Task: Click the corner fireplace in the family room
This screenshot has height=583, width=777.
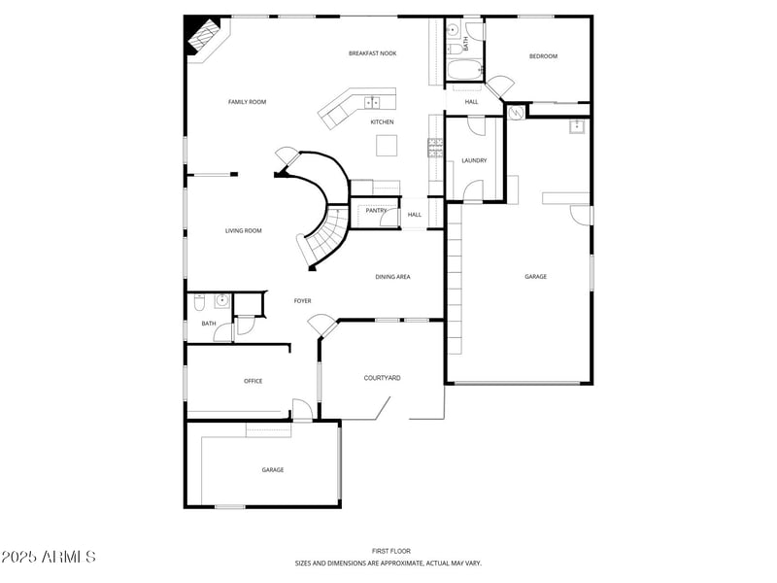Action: click(204, 38)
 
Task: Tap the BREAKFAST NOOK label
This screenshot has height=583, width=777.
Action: click(372, 53)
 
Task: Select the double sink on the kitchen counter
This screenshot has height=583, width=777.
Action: click(374, 101)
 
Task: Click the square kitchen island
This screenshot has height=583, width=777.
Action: click(388, 145)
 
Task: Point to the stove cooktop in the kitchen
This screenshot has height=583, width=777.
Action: click(435, 148)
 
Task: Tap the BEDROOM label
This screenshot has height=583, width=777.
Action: click(543, 56)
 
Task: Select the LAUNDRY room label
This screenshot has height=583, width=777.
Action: click(474, 160)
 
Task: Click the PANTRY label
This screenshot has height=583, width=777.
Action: click(376, 210)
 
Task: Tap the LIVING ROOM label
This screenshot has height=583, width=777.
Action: click(244, 230)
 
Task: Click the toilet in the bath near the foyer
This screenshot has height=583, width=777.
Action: click(199, 300)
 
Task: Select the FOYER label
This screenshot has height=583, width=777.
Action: click(303, 301)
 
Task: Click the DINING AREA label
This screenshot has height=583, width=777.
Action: click(392, 277)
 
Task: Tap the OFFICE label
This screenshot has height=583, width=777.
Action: click(253, 381)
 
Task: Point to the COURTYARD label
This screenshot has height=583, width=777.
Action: click(382, 378)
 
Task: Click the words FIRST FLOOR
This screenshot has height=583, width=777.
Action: click(388, 551)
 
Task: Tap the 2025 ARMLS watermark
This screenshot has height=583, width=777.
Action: click(49, 557)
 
